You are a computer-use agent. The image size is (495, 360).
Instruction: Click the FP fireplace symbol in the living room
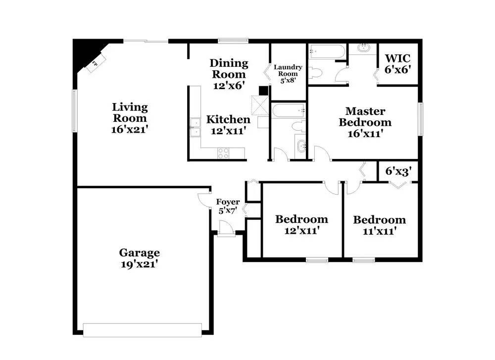tap(96, 63)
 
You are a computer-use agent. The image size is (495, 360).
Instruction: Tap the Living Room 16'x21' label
tap(130, 118)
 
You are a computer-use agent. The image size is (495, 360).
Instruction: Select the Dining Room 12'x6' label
tap(229, 74)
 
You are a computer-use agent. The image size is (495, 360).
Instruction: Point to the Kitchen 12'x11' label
tap(228, 125)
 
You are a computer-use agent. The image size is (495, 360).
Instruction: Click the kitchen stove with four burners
tap(223, 153)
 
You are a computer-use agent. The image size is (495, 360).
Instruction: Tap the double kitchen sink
tap(195, 127)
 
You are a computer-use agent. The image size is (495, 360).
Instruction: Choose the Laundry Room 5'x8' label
tap(288, 74)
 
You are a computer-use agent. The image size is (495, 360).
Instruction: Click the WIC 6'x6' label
tap(398, 63)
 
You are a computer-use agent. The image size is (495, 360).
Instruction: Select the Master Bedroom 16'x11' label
tap(365, 122)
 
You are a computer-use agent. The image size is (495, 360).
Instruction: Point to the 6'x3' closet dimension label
tap(398, 171)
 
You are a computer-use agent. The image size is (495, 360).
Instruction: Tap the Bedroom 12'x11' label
tap(301, 224)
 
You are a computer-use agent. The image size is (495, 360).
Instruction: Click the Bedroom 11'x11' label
tap(380, 225)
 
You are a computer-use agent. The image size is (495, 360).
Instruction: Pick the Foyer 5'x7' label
tap(228, 206)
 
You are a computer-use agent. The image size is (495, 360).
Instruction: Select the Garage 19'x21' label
tap(139, 258)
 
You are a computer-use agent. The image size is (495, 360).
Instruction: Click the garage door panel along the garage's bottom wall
tap(143, 330)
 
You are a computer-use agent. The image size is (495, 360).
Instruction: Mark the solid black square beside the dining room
tap(263, 90)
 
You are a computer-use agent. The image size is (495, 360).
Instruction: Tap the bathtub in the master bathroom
tap(327, 51)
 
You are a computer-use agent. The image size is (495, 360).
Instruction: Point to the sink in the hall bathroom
tap(300, 146)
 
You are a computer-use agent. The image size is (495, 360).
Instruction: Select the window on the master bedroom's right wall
tap(421, 119)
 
